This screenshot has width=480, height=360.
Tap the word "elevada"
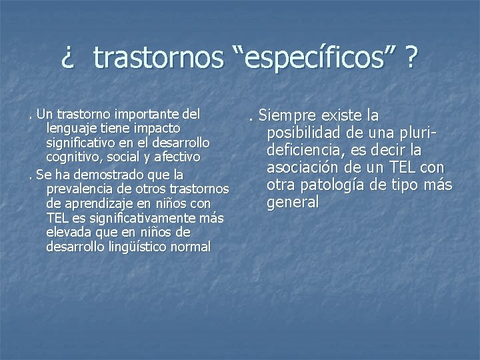tap(68, 233)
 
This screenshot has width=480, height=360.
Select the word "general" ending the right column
tap(293, 202)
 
